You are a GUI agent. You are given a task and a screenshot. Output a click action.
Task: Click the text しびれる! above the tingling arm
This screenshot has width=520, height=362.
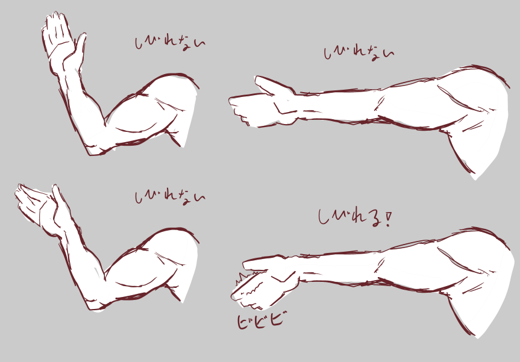point(355,219)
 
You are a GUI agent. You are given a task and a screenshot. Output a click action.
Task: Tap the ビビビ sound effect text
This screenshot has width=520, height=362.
point(261,320)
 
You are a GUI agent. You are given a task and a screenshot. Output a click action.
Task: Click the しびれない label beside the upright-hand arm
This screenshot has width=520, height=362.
point(170,43)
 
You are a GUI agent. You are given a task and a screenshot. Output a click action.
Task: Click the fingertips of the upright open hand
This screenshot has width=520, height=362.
point(55,17)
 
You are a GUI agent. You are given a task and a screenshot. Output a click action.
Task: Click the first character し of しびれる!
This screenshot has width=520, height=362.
point(323,217)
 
